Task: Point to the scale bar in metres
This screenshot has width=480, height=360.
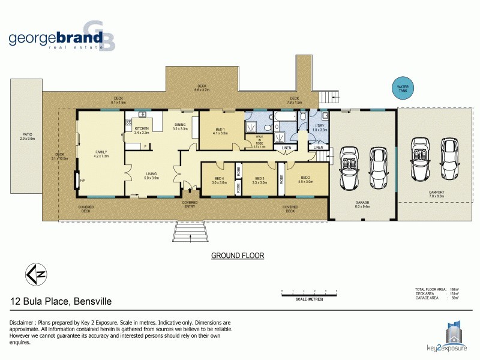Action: pyautogui.click(x=310, y=294)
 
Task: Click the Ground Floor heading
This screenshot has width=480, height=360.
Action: pyautogui.click(x=238, y=256)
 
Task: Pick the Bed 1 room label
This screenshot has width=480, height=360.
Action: pyautogui.click(x=220, y=131)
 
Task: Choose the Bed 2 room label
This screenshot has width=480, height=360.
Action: pyautogui.click(x=306, y=180)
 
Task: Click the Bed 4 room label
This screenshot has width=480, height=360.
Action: pyautogui.click(x=219, y=180)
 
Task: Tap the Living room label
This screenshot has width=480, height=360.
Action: pyautogui.click(x=151, y=176)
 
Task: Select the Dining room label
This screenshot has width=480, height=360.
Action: pyautogui.click(x=180, y=127)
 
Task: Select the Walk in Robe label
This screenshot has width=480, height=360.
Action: pyautogui.click(x=259, y=142)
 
